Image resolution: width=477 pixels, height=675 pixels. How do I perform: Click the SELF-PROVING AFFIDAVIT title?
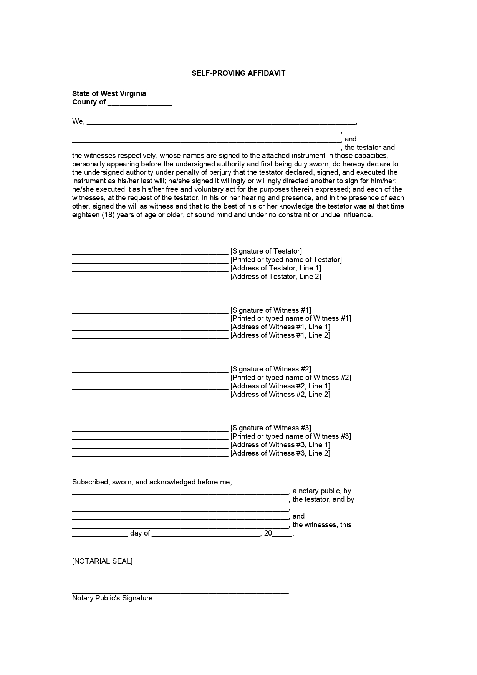[x=238, y=73]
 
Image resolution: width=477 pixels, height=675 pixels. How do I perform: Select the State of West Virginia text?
[x=109, y=93]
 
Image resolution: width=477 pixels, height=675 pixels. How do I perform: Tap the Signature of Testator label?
[x=266, y=251]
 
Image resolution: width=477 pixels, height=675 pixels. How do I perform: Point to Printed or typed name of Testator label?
[x=286, y=260]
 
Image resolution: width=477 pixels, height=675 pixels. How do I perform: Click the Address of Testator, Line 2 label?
[x=275, y=277]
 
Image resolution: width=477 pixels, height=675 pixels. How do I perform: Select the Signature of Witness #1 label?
[x=270, y=310]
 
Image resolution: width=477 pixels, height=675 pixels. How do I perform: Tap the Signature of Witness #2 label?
[x=270, y=369]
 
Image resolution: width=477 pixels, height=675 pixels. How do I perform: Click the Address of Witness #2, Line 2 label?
[x=280, y=395]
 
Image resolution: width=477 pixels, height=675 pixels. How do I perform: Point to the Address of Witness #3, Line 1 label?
[x=280, y=445]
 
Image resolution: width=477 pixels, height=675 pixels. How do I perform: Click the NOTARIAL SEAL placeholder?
[x=102, y=561]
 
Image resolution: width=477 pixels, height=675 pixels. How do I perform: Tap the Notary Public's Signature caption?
[x=112, y=598]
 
